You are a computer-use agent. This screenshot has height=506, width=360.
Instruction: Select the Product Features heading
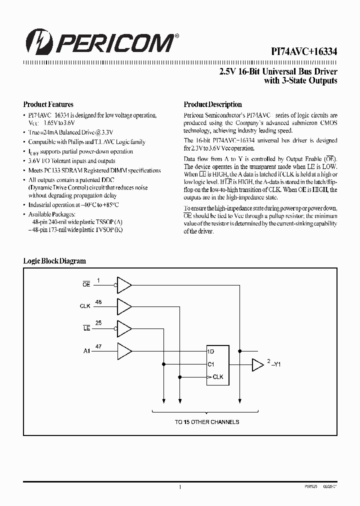48,104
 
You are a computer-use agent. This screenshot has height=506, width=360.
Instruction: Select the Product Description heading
213,104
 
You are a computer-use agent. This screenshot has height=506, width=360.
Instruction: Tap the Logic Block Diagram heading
54,261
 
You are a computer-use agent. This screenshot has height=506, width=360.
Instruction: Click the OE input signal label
86,284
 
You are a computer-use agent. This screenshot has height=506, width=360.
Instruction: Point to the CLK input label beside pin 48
85,305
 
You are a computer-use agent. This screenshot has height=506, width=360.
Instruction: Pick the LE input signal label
86,327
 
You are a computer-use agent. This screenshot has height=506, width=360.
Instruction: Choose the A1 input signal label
86,350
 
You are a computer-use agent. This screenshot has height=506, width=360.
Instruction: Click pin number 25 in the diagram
98,323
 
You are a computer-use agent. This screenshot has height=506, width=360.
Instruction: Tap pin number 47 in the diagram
98,346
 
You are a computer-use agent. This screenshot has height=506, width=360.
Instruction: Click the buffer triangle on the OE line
123,284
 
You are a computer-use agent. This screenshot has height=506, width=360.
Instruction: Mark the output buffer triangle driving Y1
257,365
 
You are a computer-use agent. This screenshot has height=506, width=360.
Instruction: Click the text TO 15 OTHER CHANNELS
207,422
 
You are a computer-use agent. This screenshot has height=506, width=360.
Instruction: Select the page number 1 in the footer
180,486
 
